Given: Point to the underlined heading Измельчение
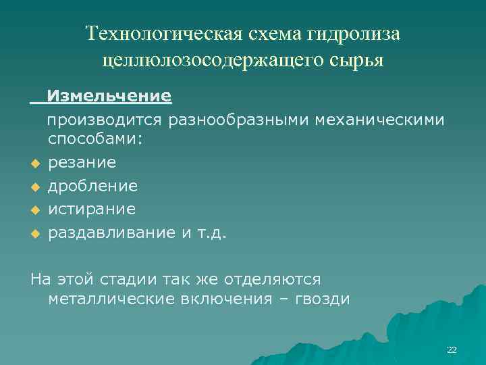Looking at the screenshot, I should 109,96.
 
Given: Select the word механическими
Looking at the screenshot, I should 387,120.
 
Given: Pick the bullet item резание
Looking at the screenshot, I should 82,162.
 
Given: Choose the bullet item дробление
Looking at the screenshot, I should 92,185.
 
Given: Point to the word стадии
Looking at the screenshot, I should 139,278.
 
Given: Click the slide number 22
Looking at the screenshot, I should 452,349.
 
